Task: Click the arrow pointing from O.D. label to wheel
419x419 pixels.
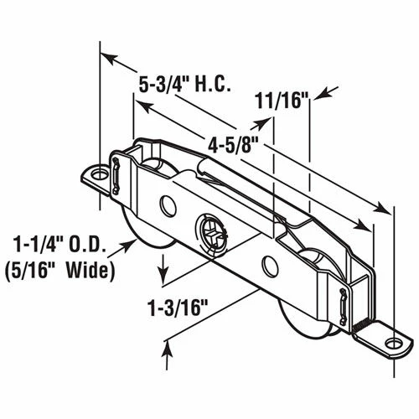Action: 129,242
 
